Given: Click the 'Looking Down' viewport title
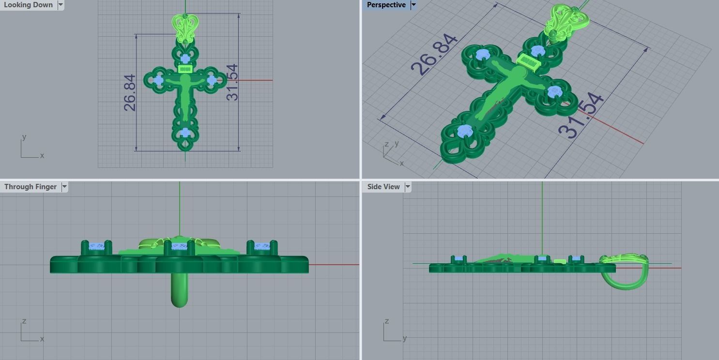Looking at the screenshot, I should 28,5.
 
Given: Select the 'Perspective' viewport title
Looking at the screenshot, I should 386,5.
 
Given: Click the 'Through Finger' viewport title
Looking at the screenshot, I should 30,187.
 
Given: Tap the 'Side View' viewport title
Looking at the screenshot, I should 383,187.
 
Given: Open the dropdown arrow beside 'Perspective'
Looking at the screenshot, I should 413,5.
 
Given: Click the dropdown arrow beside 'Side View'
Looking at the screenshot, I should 408,187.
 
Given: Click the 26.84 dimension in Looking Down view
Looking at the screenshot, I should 130,92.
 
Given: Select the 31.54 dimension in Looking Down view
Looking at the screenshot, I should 232,82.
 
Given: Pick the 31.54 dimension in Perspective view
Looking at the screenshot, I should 581,116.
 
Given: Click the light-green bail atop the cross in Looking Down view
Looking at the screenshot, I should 185,27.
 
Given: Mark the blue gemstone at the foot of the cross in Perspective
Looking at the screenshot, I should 465,130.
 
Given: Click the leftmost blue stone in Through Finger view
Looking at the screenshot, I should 96,247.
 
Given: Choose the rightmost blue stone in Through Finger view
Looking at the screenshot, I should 262,247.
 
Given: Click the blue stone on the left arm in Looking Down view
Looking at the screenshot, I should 158,80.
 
